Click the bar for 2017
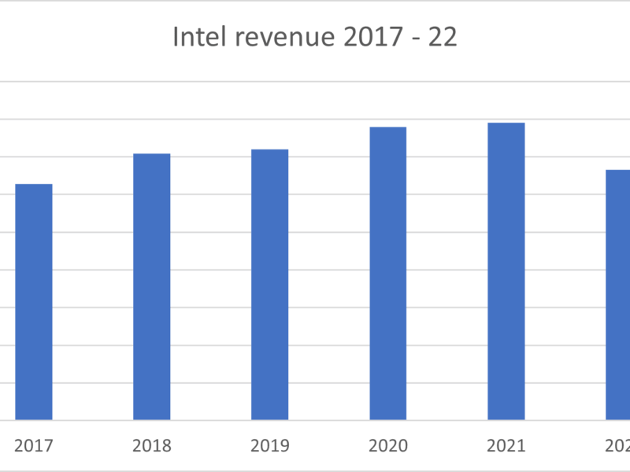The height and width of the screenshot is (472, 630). coord(34,302)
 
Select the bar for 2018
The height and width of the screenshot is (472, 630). coord(151,286)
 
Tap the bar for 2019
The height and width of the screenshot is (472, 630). coord(269,285)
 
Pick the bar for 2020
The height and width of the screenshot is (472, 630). coord(387,273)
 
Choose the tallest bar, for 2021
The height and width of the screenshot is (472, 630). coord(506,271)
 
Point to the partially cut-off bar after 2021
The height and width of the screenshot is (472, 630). coord(617,295)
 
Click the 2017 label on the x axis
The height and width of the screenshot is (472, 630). coord(34,446)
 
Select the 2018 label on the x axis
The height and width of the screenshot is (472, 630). coord(151,446)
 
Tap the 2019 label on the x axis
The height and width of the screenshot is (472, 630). coord(269,446)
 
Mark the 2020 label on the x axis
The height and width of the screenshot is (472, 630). coord(387,446)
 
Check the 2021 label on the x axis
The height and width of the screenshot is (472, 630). coord(506,446)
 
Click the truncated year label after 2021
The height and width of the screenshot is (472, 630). coord(617,446)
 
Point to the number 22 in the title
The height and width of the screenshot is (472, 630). coord(443,38)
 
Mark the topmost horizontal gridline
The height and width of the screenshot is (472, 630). coord(315,81)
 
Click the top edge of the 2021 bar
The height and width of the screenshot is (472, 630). coord(506,124)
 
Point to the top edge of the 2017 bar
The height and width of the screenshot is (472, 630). coord(34,185)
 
